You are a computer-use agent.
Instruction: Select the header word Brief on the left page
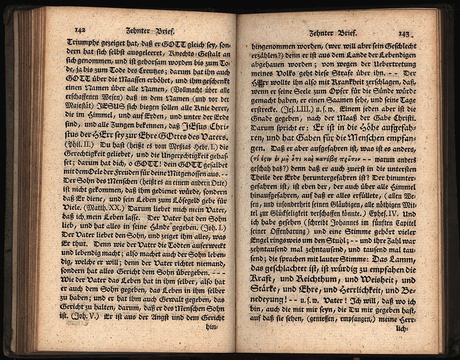coord(161,32)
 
